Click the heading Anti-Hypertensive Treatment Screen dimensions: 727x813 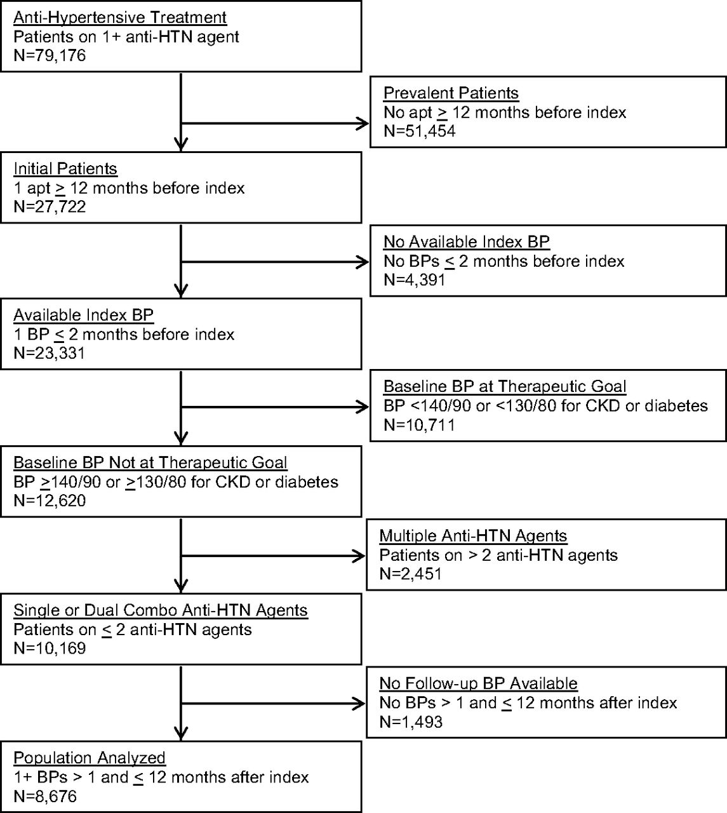coord(120,18)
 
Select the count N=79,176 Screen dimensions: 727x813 coord(50,55)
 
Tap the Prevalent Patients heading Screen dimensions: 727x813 coord(451,93)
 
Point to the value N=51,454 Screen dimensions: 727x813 coord(420,131)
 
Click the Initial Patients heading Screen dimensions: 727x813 coord(65,169)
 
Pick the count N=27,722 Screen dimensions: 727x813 coord(50,206)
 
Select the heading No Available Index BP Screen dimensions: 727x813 coord(467,242)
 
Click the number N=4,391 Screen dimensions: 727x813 coord(415,280)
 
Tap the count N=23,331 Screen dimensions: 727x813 coord(50,353)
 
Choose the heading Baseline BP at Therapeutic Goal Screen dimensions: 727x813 coord(505,386)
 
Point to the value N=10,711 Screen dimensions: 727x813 coord(420,425)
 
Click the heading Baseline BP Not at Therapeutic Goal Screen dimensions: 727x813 coord(150,462)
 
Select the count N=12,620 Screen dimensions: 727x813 coord(50,501)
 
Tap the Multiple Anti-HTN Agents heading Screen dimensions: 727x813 coord(474,536)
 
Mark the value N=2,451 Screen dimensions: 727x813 coord(411,574)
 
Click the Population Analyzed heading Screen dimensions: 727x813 coord(90,758)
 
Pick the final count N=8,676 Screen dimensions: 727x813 coord(45,796)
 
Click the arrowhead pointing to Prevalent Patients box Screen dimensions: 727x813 coord(363,123)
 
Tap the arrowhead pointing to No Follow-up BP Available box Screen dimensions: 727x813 coord(359,703)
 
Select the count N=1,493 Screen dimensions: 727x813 coord(411,722)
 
